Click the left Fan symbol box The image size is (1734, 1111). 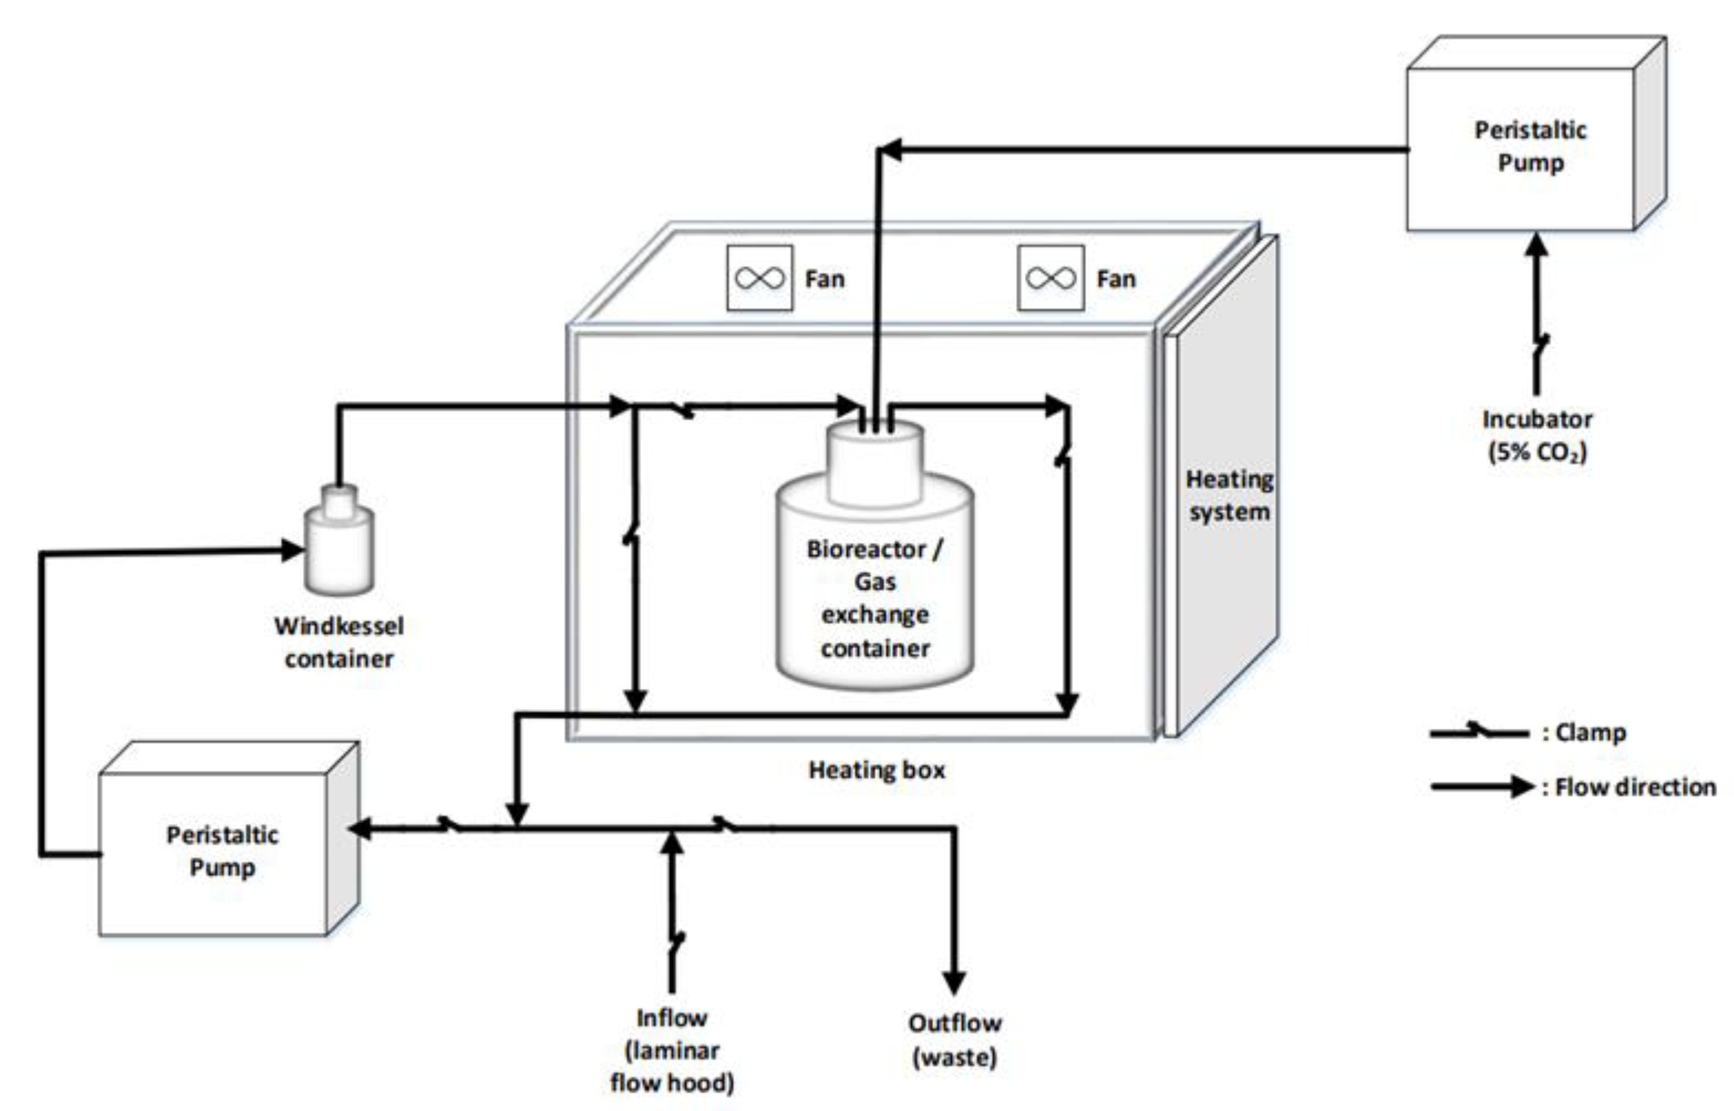pyautogui.click(x=760, y=278)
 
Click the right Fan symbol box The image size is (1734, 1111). pyautogui.click(x=1050, y=278)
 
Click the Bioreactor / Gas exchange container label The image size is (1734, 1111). pyautogui.click(x=875, y=598)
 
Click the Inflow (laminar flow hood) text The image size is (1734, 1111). pyautogui.click(x=672, y=1050)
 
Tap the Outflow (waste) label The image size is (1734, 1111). pyautogui.click(x=954, y=1040)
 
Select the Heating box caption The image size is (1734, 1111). pyautogui.click(x=876, y=770)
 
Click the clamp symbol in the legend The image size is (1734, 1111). pyautogui.click(x=1479, y=731)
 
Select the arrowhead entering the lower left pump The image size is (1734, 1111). pyautogui.click(x=360, y=828)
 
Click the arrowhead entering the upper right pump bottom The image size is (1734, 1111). pyautogui.click(x=1537, y=245)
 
